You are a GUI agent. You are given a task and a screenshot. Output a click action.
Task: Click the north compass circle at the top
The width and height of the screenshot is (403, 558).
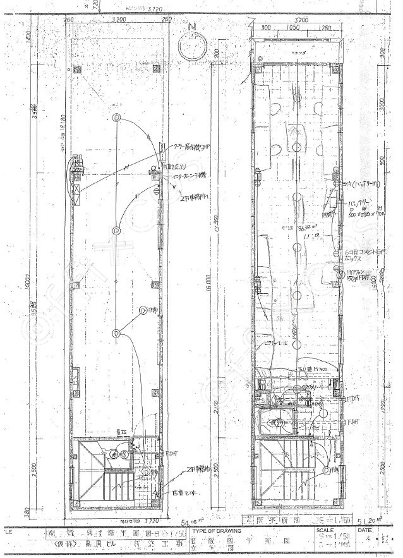[x=193, y=46]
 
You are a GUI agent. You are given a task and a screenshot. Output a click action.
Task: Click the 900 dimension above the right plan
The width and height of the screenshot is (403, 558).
[x=266, y=28]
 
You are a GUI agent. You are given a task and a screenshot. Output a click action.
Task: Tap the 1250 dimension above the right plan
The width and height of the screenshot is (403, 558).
[x=325, y=28]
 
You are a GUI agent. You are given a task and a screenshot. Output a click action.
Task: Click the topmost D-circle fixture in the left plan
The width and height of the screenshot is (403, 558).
[x=116, y=118]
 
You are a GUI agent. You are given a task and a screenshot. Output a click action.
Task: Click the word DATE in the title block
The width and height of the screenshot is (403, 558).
[x=366, y=531]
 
